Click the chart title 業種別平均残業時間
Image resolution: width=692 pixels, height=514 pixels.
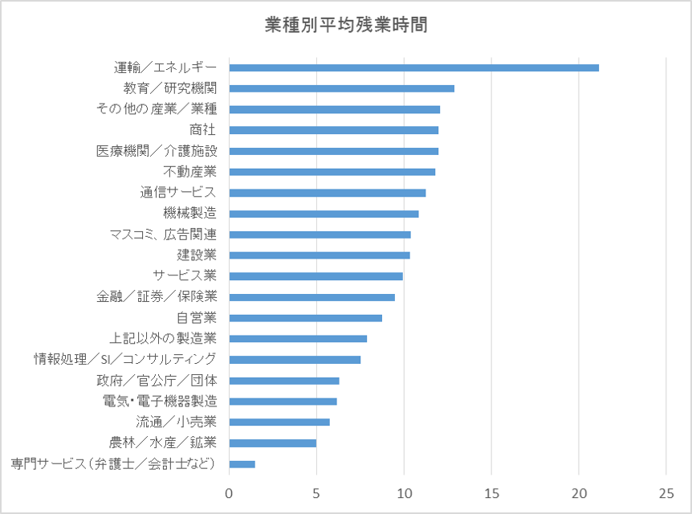point(346,25)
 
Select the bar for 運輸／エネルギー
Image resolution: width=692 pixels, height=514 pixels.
point(413,67)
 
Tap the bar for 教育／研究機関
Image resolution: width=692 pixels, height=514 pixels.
point(341,88)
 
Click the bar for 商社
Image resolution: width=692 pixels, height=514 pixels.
point(333,130)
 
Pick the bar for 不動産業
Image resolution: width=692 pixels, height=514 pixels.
point(332,172)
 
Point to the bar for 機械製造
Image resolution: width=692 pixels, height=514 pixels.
point(324,214)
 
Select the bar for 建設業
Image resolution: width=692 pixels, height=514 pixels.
point(320,255)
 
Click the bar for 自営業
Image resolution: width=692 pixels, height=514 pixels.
point(305,318)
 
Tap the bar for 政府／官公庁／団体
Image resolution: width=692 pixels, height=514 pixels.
point(284,381)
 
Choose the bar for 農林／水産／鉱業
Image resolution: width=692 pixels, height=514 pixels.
point(272,443)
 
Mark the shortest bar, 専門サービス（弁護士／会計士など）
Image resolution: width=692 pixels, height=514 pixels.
point(242,464)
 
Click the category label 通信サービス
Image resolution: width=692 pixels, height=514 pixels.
point(178,193)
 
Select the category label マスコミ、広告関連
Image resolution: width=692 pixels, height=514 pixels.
point(163,235)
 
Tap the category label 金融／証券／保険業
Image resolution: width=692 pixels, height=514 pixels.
point(157,297)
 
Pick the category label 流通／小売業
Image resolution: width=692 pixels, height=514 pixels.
point(177,422)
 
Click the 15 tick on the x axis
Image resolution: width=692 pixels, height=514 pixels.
point(491,492)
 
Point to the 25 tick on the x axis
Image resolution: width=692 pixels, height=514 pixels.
point(666,492)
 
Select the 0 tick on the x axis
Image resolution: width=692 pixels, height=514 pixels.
point(229,492)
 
